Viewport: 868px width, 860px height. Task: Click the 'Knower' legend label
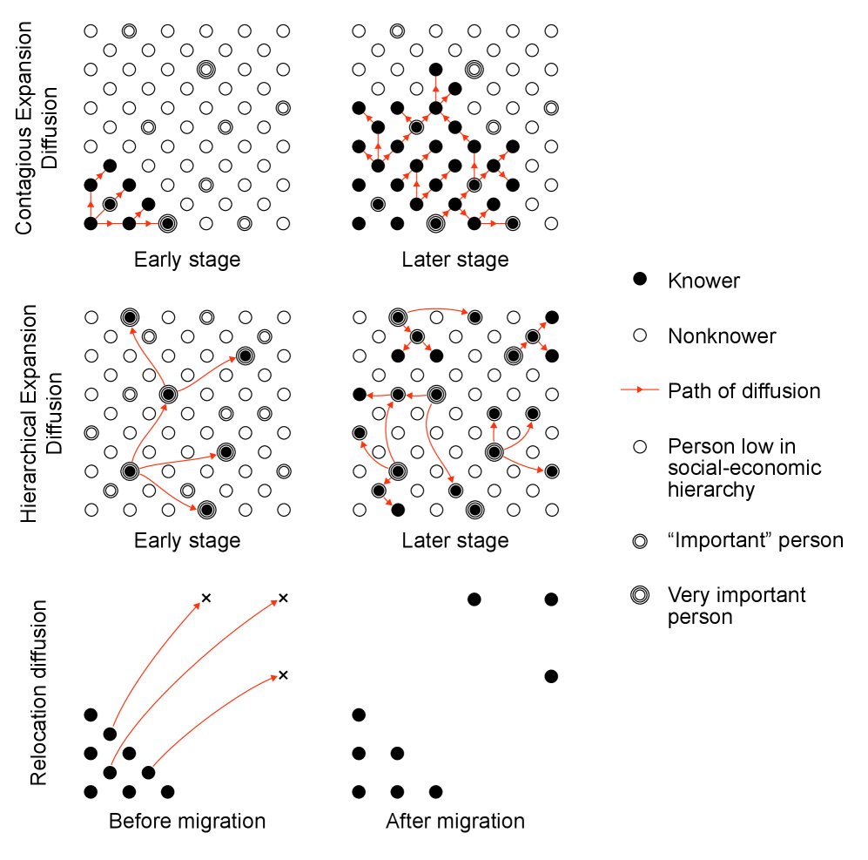703,281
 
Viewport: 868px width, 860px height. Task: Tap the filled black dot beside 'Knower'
640,279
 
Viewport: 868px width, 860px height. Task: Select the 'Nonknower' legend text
722,336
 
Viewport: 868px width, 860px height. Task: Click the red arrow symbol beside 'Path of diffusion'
640,390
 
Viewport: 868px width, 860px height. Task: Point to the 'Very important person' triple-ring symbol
640,595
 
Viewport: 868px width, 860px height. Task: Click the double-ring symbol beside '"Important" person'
640,541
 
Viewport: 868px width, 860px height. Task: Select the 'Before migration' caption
187,821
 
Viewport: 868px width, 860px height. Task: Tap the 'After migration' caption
455,821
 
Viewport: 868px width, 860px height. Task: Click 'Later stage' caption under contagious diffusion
455,260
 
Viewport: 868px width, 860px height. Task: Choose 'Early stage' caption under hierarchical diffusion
187,540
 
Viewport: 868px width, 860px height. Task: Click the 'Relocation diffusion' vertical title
38,693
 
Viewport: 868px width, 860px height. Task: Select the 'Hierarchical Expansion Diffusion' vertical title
41,413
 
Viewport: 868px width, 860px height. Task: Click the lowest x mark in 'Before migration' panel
284,675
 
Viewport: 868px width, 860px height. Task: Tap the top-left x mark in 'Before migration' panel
206,598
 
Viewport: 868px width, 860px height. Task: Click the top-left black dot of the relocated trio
474,599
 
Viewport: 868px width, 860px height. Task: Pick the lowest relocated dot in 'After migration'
551,676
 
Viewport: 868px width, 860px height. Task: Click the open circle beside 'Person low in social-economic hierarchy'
640,447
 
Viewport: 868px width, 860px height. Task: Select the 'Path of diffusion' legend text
744,391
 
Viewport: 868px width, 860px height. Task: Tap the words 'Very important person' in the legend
737,606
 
